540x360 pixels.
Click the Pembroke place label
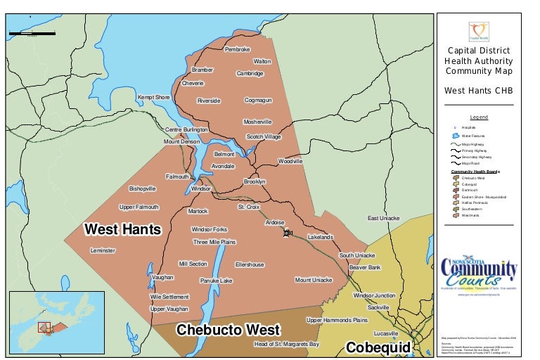(237, 49)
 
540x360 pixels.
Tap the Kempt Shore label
(153, 97)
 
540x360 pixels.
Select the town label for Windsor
(201, 188)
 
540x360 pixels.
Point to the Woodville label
(290, 161)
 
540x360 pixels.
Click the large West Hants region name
(122, 230)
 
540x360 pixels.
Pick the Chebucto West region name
(228, 330)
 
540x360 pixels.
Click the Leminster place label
(103, 250)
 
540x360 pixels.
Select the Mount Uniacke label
(313, 280)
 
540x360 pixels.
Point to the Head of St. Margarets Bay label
(286, 345)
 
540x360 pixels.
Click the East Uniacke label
(383, 218)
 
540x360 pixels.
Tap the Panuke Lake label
(216, 281)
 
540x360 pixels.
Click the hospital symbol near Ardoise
(287, 233)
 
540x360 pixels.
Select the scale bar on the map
(32, 33)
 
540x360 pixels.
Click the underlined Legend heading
(478, 117)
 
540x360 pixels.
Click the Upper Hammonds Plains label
(337, 320)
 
